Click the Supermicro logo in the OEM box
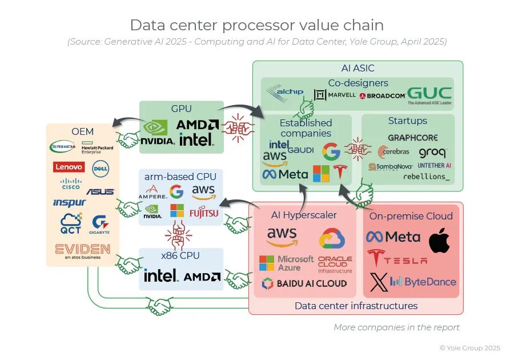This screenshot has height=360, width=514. [62, 147]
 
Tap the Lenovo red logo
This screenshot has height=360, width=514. [69, 167]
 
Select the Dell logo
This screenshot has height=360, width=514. [101, 167]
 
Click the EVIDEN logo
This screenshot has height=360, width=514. [83, 250]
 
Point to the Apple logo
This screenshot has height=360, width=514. [439, 240]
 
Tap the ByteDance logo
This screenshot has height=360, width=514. [423, 281]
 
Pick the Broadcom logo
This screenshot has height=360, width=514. [382, 95]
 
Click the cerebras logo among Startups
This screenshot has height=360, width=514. [393, 153]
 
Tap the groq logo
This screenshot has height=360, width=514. [432, 153]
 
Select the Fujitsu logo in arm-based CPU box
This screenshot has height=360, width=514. [203, 213]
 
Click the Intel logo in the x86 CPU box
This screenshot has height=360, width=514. [161, 276]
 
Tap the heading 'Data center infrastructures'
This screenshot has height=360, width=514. [356, 306]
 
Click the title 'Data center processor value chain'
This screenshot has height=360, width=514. [256, 25]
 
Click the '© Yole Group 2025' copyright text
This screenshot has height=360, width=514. [469, 347]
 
